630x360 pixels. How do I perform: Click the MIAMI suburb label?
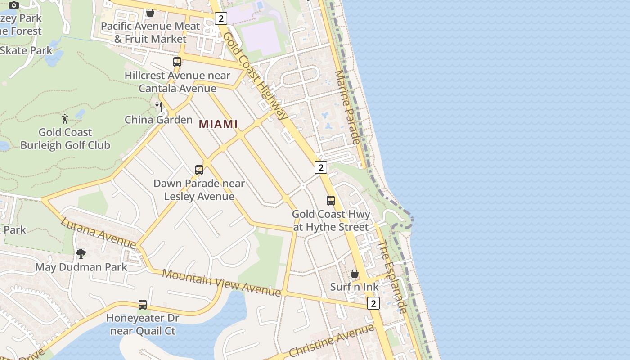tap(218, 124)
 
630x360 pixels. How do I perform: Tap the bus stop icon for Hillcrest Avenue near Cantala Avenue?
tap(177, 62)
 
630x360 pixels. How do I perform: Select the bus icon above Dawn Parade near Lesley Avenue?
tap(199, 170)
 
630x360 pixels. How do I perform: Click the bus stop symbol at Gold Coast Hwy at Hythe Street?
tap(331, 201)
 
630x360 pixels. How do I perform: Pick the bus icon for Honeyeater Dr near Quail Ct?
tap(143, 305)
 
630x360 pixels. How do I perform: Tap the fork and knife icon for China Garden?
tap(158, 106)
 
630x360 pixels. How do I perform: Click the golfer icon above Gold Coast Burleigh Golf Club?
tap(65, 119)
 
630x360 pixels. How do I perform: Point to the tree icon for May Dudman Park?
tap(81, 254)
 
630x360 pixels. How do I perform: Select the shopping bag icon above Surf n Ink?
tap(355, 274)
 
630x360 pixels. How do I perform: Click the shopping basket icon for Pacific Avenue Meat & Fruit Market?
tap(150, 13)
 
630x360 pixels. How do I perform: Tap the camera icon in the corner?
tap(14, 5)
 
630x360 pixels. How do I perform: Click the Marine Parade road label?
tap(347, 107)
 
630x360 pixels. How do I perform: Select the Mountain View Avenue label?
tap(221, 283)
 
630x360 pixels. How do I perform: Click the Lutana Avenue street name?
tap(98, 233)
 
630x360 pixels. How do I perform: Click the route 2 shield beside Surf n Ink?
tap(373, 303)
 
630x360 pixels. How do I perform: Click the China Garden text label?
tap(158, 120)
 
